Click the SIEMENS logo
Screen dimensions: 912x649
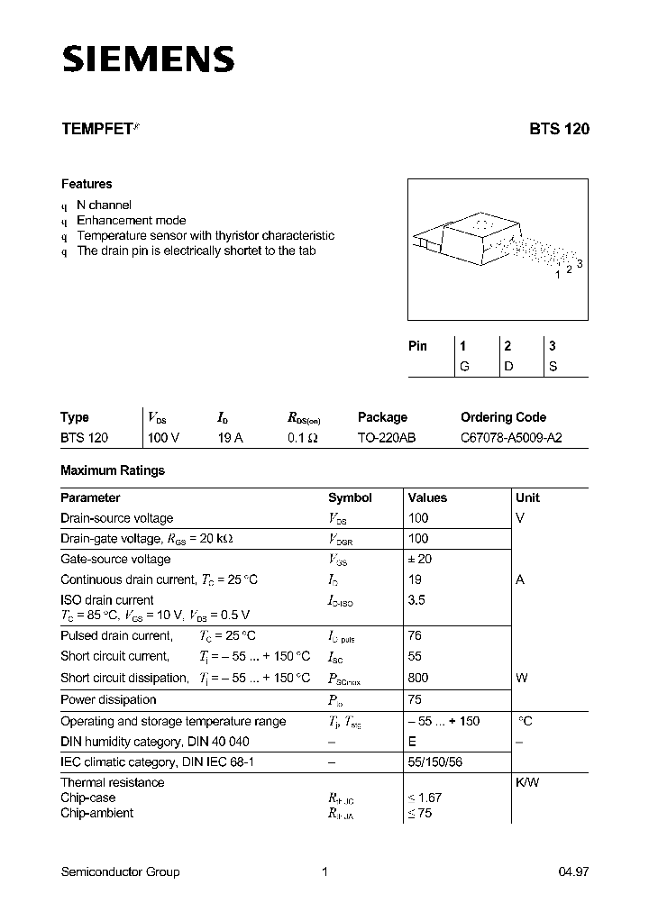click(148, 59)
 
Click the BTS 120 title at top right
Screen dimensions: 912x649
click(559, 129)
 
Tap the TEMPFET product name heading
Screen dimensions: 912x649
click(97, 129)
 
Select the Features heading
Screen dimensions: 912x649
click(87, 184)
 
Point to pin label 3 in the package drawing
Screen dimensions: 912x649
click(580, 263)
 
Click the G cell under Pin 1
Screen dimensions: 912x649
click(464, 366)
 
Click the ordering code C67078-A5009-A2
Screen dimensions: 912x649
click(512, 437)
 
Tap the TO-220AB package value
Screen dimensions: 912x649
click(387, 437)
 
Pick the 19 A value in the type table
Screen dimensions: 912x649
click(230, 437)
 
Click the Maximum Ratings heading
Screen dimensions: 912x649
click(113, 470)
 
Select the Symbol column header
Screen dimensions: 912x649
click(350, 497)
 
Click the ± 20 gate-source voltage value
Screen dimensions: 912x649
click(420, 559)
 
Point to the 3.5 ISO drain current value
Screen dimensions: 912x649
click(416, 599)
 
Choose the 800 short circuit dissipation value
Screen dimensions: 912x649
click(418, 678)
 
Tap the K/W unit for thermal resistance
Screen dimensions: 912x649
click(527, 782)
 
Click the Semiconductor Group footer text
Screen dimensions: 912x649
click(120, 871)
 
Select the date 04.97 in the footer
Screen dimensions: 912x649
click(573, 871)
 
